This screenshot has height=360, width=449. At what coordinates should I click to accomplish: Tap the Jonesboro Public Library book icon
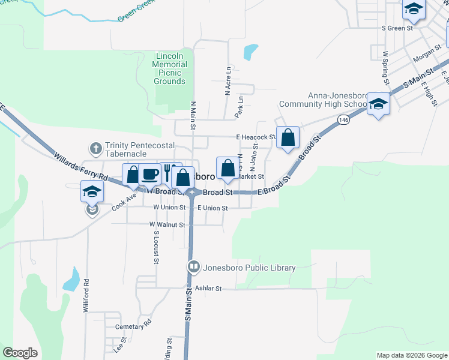(193, 267)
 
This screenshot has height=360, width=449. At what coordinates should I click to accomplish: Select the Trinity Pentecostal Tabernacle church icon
(95, 148)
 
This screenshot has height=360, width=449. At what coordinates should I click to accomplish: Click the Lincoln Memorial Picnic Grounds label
(169, 68)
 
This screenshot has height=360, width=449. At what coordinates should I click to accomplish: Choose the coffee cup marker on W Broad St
(149, 175)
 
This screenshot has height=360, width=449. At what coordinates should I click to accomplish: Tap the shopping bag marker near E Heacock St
(288, 137)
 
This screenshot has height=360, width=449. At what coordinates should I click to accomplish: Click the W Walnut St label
(167, 224)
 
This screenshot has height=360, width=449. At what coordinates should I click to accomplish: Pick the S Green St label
(398, 28)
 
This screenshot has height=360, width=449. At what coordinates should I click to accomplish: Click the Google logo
(20, 353)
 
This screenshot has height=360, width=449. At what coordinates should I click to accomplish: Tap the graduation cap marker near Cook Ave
(92, 191)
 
